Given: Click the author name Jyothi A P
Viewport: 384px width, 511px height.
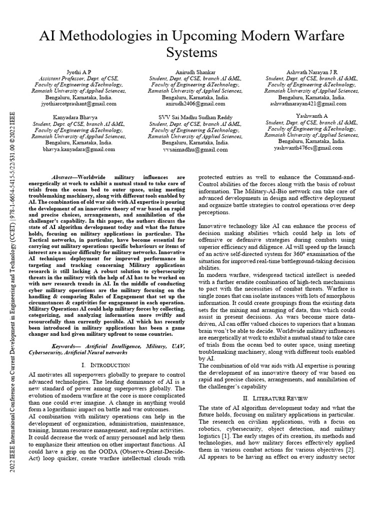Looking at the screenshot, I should click(x=79, y=72).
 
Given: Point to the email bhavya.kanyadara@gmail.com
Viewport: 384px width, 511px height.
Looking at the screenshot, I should click(x=79, y=149).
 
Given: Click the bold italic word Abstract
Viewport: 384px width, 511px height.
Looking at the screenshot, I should click(x=63, y=177).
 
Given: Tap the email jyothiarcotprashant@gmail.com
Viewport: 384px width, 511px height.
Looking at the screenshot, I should click(x=79, y=104).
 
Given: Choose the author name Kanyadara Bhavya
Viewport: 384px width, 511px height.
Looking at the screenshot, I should click(x=79, y=117).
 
